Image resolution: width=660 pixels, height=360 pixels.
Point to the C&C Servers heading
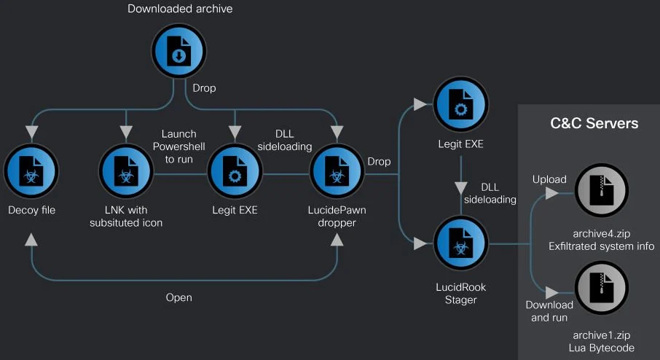click(x=594, y=123)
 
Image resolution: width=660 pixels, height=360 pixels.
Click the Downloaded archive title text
click(x=180, y=9)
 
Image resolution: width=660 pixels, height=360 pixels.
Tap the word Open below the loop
click(x=178, y=297)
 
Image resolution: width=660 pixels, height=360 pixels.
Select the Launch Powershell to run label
click(x=178, y=146)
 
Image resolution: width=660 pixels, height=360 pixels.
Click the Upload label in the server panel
click(x=549, y=179)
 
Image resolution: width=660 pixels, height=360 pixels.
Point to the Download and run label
click(x=549, y=311)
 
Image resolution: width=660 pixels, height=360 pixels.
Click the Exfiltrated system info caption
click(x=601, y=246)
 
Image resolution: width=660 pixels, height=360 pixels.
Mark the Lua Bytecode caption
click(x=601, y=348)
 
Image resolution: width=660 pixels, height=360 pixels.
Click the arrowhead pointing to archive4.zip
click(x=551, y=194)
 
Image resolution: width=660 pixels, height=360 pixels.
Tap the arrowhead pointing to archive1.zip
click(x=551, y=290)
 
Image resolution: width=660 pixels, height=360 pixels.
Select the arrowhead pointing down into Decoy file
click(x=31, y=132)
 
